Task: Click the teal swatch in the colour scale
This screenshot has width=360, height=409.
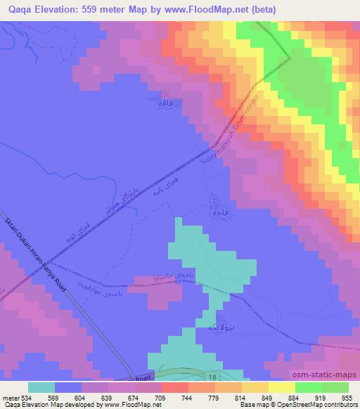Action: pos(41,387)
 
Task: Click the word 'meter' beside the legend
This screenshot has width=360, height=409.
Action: pos(12,398)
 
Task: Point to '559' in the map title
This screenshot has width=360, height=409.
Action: pos(94,10)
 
